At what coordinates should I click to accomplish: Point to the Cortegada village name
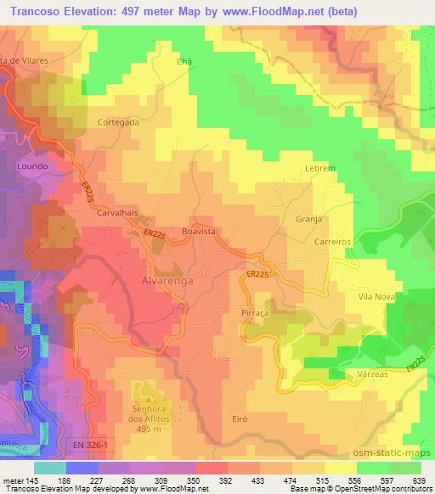[118, 121]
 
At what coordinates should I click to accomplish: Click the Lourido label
[31, 166]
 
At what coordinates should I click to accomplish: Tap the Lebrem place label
[320, 169]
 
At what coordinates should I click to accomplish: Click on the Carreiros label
[332, 241]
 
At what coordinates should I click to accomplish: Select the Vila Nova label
[378, 296]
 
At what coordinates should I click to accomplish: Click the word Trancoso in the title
[31, 12]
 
